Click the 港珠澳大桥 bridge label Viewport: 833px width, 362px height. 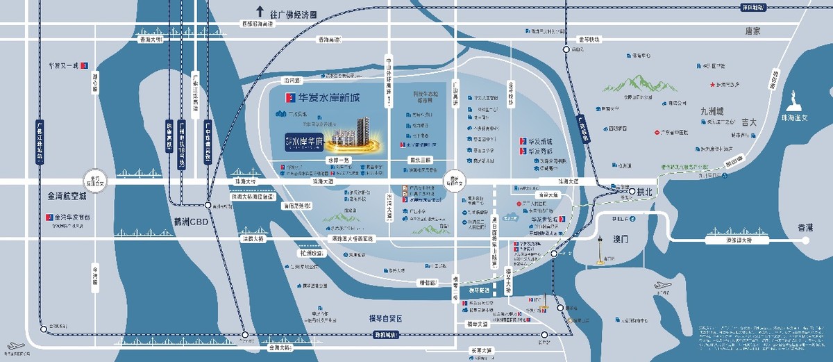[x=729, y=240]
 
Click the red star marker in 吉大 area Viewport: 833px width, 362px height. [x=712, y=85]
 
